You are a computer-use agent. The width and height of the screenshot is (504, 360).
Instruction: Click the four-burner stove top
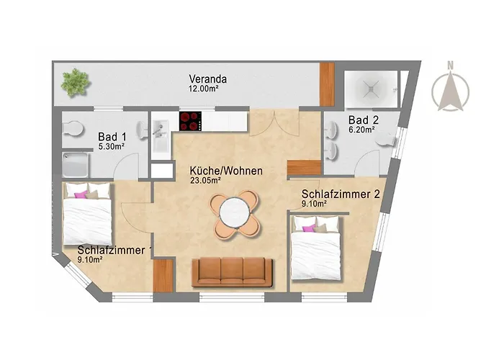[191, 121]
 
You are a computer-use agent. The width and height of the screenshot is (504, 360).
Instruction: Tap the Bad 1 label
[112, 135]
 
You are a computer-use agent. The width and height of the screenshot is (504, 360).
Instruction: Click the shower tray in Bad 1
[81, 166]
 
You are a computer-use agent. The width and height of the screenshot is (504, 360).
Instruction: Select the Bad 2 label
[364, 119]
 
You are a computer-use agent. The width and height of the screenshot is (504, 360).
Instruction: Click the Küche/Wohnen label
[225, 171]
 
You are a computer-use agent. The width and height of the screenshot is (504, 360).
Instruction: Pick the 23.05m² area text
[205, 181]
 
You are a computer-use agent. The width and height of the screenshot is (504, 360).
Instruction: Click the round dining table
[233, 213]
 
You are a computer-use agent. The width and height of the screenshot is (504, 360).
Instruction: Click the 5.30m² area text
[112, 145]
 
